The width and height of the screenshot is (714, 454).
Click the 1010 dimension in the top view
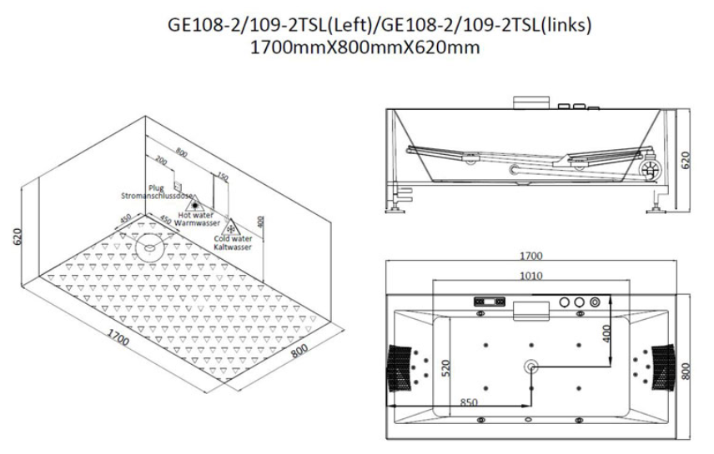pos(531,276)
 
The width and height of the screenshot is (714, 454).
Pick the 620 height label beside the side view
pos(686,159)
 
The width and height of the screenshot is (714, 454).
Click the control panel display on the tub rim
pos(488,302)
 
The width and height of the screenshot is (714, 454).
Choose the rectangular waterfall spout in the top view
pos(531,309)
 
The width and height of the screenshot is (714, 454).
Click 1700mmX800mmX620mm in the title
pos(365,47)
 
